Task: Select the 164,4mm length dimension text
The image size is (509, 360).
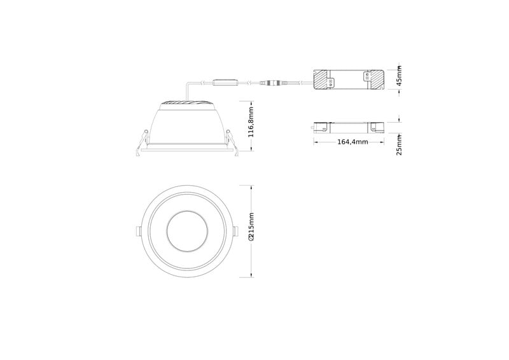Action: tap(352, 142)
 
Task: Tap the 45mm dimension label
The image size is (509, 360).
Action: tap(399, 76)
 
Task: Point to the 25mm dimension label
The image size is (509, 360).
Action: tap(399, 146)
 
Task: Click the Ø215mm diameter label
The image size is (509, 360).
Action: tap(251, 227)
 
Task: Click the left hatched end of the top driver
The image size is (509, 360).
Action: tap(321, 80)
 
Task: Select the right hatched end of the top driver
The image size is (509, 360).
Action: tap(376, 80)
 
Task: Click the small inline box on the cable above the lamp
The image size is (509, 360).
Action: tap(225, 83)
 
